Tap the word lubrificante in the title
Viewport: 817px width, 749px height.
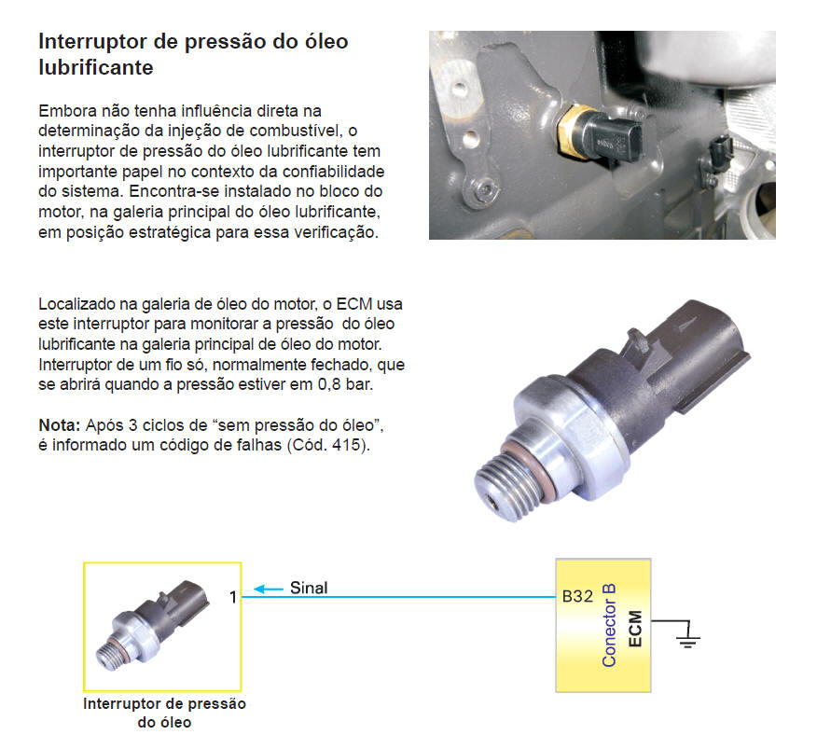(96, 67)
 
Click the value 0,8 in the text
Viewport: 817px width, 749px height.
(329, 384)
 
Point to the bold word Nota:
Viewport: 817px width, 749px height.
(60, 425)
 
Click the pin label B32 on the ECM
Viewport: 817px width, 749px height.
(577, 596)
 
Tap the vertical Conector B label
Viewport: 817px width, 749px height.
(609, 626)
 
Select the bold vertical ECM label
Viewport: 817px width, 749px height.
(635, 629)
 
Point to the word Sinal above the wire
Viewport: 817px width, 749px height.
(309, 588)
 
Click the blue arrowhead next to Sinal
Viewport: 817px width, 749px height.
(259, 589)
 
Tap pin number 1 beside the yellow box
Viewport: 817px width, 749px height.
(233, 597)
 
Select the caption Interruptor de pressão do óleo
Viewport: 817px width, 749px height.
(164, 713)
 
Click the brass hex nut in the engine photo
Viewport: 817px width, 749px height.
(570, 131)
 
